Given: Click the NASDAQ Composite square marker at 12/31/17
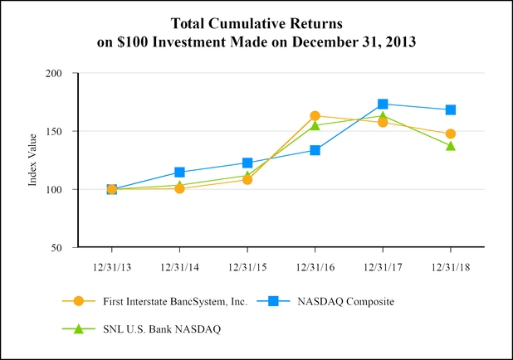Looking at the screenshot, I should (x=383, y=104).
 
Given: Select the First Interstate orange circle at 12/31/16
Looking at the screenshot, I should (x=315, y=116).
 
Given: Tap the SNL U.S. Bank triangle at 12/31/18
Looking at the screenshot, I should (x=451, y=146).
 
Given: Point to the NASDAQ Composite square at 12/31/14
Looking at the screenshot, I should (x=179, y=173).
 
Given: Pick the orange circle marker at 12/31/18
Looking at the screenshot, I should (x=451, y=134).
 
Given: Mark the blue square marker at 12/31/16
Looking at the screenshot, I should (x=315, y=150).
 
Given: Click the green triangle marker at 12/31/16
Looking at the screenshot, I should (x=315, y=125).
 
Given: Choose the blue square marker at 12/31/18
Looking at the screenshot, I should (x=451, y=109).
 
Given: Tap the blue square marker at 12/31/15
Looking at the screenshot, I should (x=247, y=163).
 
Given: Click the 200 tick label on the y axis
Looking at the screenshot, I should (x=55, y=74).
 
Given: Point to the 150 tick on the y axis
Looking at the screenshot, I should (x=55, y=131).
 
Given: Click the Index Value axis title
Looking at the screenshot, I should (x=33, y=160).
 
